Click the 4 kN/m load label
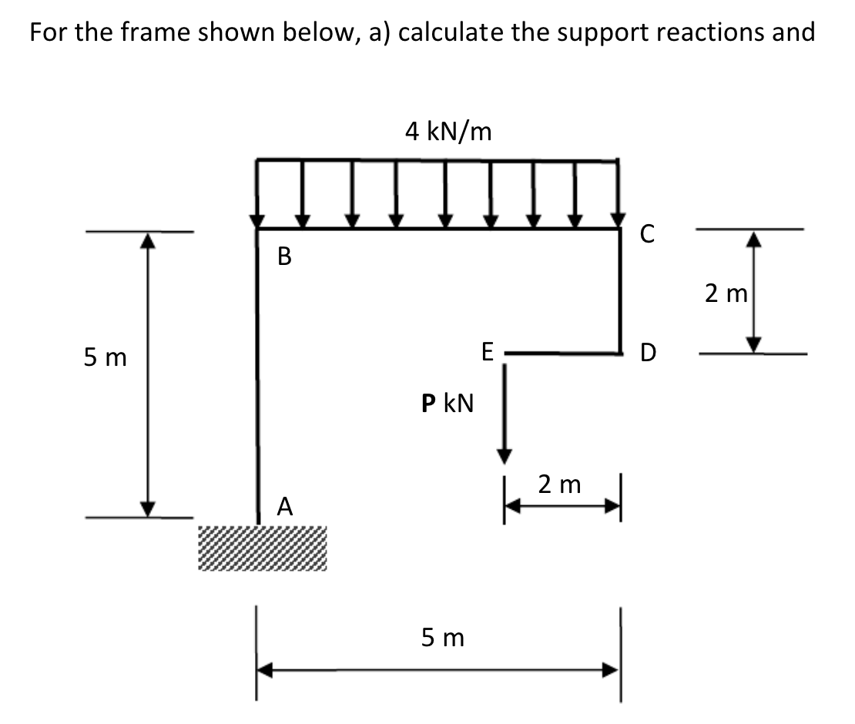click(448, 131)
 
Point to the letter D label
click(649, 355)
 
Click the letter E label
click(486, 354)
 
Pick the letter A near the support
click(285, 506)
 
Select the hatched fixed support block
click(263, 548)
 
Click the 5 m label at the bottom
click(443, 638)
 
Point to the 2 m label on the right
click(723, 292)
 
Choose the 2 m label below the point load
click(559, 484)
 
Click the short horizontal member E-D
click(562, 354)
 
